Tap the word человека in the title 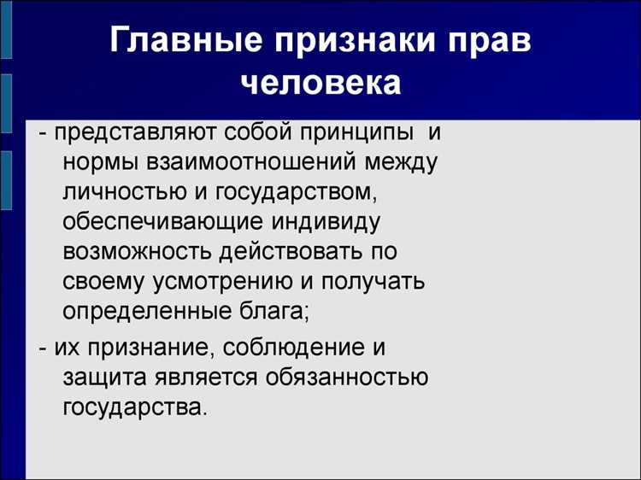pyautogui.click(x=320, y=82)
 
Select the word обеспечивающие pyautogui.click(x=159, y=223)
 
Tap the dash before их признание pyautogui.click(x=44, y=348)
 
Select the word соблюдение pyautogui.click(x=270, y=348)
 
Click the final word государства pyautogui.click(x=133, y=406)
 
